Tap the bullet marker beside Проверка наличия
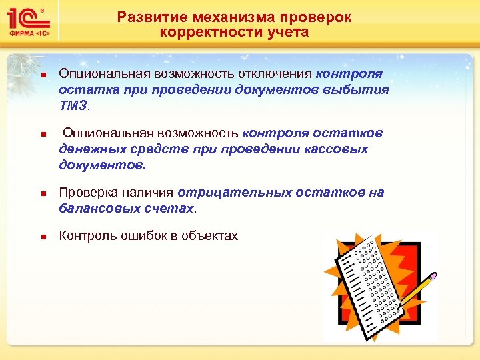pyautogui.click(x=41, y=193)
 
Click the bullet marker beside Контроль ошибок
pyautogui.click(x=41, y=236)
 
